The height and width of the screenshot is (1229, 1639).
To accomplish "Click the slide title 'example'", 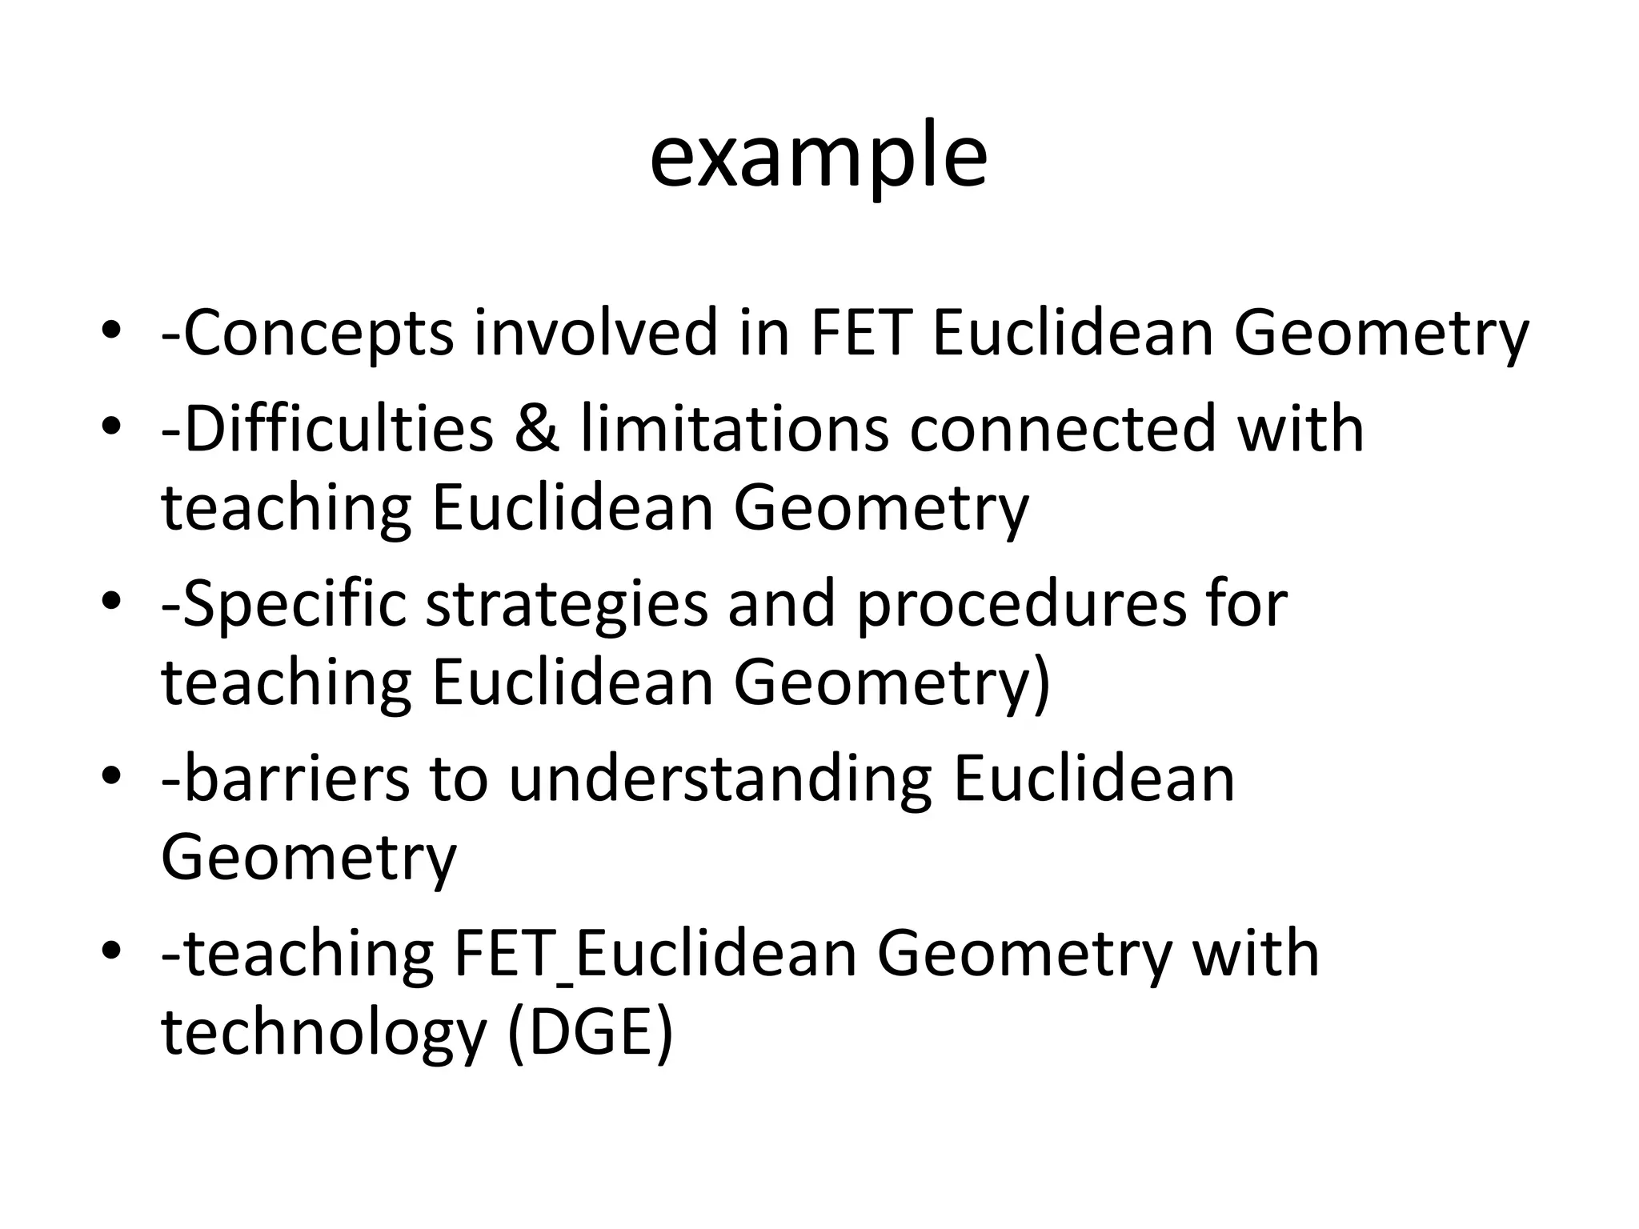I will coord(818,156).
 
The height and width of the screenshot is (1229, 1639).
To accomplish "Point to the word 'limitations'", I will coord(734,430).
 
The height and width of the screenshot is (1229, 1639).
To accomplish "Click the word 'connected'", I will coord(1062,430).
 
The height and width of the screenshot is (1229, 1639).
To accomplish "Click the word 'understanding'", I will coord(720,781).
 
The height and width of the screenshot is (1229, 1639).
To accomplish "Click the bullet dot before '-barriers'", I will coord(111,776).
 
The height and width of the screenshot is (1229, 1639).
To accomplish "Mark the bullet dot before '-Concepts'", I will coord(111,330).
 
